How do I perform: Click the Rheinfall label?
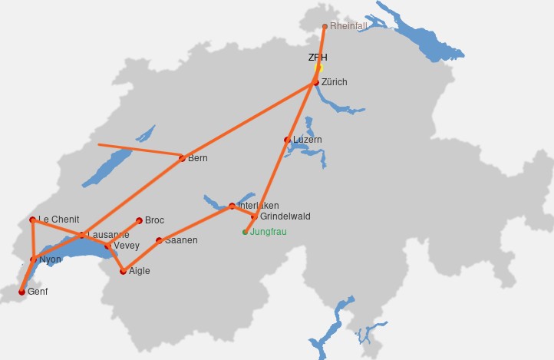(348, 26)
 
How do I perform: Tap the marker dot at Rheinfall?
(325, 27)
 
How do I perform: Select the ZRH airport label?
(318, 58)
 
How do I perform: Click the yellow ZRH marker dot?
(319, 68)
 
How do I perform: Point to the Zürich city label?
(335, 82)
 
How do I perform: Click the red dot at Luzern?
(288, 140)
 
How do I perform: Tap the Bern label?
(198, 158)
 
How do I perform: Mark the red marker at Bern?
(182, 159)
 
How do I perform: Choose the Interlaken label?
(259, 206)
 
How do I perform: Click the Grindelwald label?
(285, 216)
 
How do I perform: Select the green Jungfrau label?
(269, 231)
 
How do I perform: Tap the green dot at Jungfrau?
(246, 232)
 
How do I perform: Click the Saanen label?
(181, 240)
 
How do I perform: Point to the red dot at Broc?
(139, 220)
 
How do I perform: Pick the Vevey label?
(127, 246)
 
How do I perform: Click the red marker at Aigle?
(124, 271)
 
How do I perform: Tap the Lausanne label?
(108, 234)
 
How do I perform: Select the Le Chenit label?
(59, 220)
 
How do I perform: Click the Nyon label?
(50, 259)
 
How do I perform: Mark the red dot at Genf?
(21, 292)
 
